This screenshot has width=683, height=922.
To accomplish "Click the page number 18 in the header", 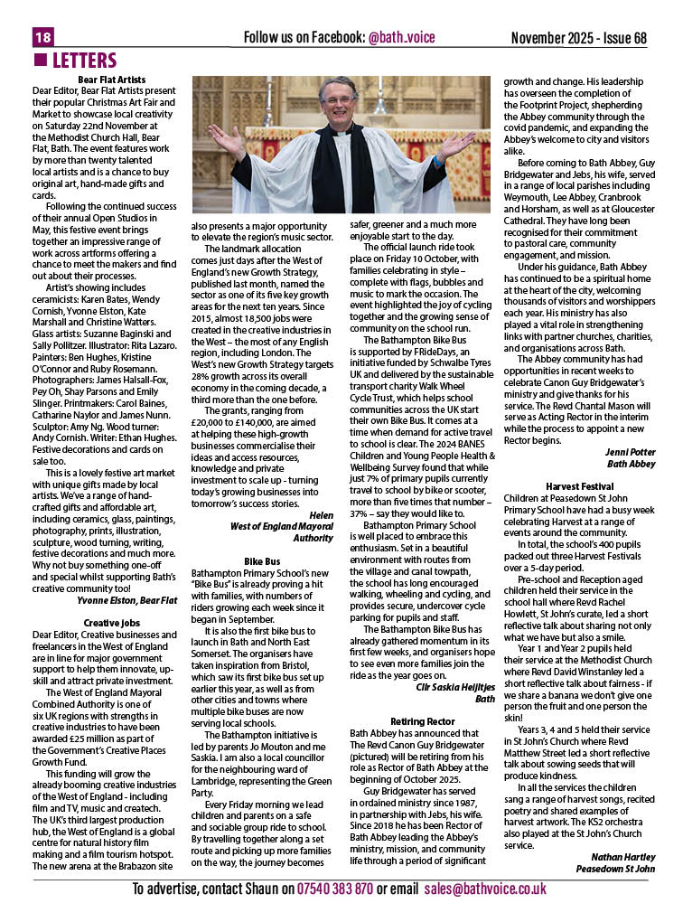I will click(43, 37).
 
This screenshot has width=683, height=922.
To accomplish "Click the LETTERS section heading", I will click(84, 61).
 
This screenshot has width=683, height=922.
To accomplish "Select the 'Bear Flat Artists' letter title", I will click(112, 80).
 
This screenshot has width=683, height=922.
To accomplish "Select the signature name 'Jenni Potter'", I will click(631, 450).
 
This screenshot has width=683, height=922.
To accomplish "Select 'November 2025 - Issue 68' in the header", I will click(579, 38).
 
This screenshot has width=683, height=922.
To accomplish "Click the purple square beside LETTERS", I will click(39, 61).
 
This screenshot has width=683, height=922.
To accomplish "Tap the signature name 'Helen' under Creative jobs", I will click(321, 514).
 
